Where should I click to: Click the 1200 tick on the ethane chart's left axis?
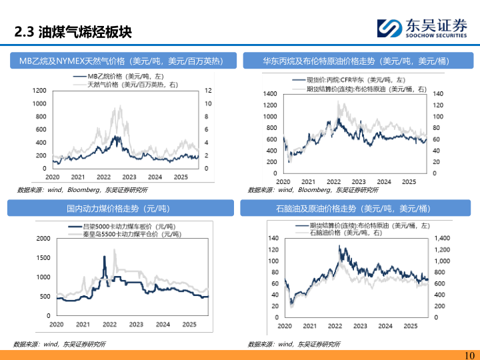coord(39,90)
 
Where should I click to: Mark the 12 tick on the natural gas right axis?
coord(207,90)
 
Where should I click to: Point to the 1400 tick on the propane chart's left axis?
coord(269,94)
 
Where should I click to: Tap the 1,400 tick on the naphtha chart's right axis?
coord(442,238)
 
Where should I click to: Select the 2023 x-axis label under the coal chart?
coord(136,325)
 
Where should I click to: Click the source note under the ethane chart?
coord(63,190)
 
